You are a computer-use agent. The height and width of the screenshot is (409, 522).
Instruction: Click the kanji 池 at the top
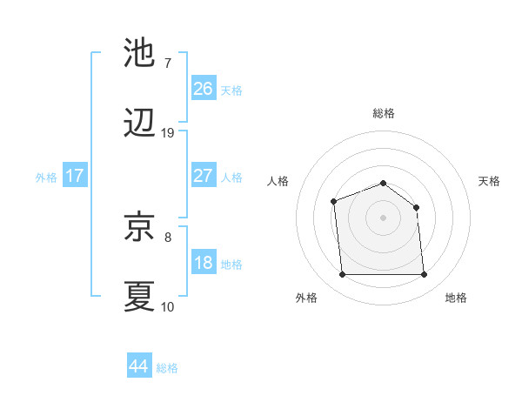139,53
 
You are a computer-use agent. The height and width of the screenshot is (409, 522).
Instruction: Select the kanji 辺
139,124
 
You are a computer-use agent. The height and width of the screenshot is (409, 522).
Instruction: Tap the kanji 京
139,226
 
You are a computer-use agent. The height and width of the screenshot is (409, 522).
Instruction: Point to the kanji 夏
139,296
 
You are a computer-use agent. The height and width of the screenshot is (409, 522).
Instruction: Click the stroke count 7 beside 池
168,63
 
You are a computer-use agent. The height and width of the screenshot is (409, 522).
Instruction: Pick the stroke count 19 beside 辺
168,133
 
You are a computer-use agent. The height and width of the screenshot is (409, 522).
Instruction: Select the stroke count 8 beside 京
168,236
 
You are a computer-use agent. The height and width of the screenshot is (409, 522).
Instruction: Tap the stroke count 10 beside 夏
168,306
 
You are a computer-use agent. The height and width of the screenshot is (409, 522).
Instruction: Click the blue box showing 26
204,88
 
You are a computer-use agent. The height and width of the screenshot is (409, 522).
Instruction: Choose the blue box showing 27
204,176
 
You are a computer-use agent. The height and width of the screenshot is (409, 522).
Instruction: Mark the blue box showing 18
204,263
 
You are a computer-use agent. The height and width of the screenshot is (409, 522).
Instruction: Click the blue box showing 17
75,176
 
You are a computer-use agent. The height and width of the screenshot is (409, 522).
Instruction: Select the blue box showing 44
138,366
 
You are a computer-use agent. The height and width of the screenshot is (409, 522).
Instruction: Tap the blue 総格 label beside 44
167,368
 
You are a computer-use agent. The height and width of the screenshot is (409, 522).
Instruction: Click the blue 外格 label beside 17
46,178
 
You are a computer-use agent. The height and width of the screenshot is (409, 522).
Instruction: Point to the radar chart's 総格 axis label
383,113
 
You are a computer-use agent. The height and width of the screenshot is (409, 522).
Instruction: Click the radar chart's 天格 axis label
490,181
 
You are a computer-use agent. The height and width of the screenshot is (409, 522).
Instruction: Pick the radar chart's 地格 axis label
456,298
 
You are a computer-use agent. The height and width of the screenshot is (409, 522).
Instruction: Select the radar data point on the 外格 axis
342,275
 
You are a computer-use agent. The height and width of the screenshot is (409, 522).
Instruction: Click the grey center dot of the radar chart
383,217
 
